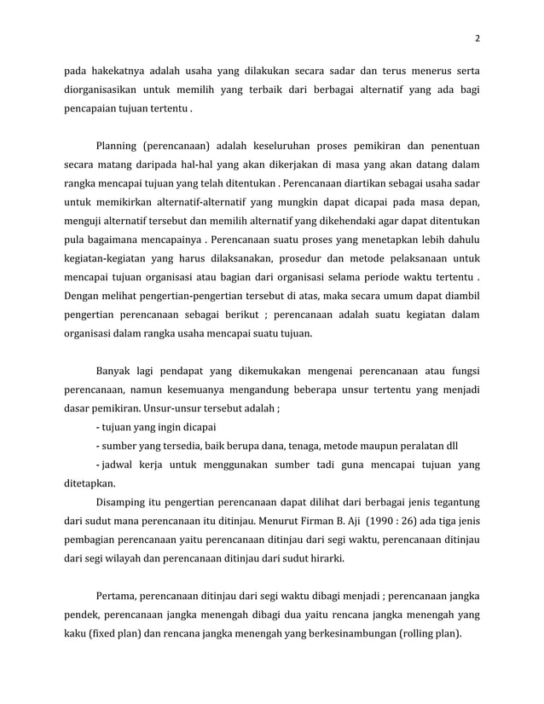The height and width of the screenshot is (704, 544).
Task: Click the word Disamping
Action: pos(124,503)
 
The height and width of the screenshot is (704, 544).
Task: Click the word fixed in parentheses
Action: pos(103,635)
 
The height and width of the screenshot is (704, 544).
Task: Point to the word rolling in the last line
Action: pos(419,635)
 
